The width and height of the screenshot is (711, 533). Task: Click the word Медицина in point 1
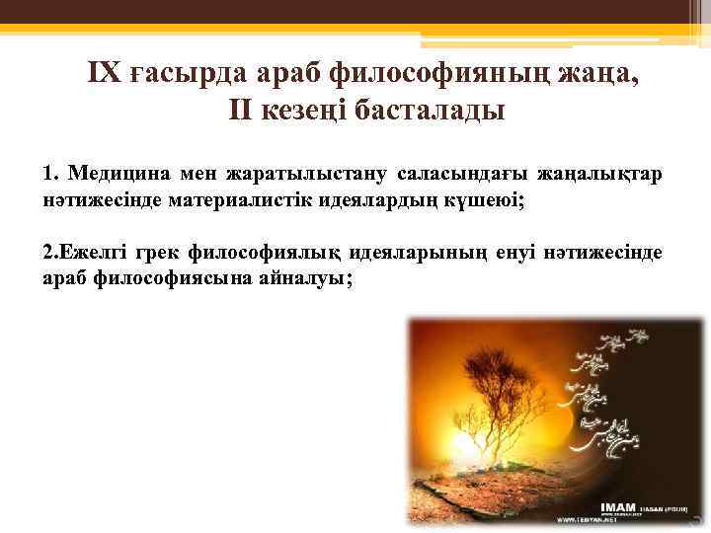tap(118, 175)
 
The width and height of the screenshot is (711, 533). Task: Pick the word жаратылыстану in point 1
tap(304, 176)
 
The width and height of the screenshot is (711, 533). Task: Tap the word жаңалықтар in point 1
tap(600, 175)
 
